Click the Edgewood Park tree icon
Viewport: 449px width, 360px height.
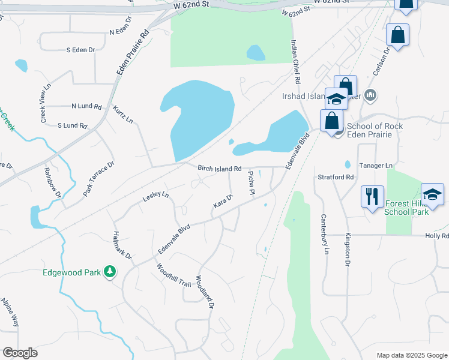tap(109, 272)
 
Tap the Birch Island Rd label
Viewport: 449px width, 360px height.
tap(219, 169)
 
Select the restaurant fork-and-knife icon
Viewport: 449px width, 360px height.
tap(372, 196)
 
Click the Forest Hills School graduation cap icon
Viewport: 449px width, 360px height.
tap(432, 194)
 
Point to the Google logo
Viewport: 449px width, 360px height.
tap(20, 352)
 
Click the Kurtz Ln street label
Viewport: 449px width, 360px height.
tap(123, 114)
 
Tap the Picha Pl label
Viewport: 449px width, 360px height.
tap(252, 182)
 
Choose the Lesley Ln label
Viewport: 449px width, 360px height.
tap(155, 197)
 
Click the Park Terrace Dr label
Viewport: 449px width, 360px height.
tap(99, 178)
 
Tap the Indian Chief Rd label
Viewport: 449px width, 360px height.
tap(295, 62)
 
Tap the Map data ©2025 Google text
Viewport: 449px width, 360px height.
tap(411, 355)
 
